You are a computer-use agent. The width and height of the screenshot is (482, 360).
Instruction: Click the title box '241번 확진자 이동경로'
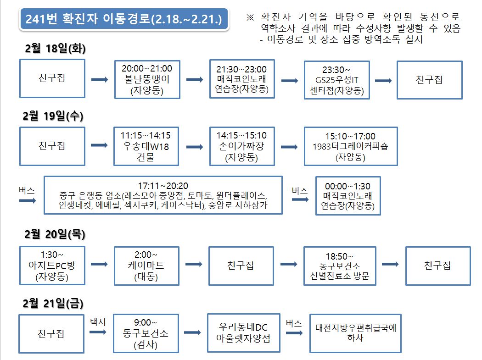tap(124, 19)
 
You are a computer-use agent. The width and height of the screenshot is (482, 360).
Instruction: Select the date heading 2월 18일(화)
tap(55, 50)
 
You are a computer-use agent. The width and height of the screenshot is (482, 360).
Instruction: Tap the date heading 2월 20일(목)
tap(55, 234)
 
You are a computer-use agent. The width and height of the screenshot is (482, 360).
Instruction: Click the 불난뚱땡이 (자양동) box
tap(146, 80)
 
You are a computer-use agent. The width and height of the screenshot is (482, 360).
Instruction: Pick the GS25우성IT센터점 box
tap(336, 80)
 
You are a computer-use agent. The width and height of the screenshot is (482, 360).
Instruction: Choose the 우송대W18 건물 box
tap(145, 146)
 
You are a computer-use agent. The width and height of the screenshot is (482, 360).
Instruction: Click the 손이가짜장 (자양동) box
tap(241, 146)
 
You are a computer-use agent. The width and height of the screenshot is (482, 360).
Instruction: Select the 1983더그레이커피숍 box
tap(350, 146)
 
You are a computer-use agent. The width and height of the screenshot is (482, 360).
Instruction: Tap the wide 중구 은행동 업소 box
tap(163, 195)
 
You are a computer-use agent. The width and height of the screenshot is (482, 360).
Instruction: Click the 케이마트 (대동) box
tap(146, 266)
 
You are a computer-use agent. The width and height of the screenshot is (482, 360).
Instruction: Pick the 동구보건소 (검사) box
tap(146, 333)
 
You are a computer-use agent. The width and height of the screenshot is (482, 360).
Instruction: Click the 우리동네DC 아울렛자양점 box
tap(242, 333)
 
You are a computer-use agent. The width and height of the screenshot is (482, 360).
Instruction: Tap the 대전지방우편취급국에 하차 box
tap(355, 333)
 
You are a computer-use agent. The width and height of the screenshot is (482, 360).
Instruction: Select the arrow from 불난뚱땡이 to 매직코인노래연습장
tap(195, 80)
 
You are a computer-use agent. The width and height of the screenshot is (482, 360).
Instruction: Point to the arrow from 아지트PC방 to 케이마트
tap(99, 265)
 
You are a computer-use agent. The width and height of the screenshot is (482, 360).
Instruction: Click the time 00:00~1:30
tap(348, 186)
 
